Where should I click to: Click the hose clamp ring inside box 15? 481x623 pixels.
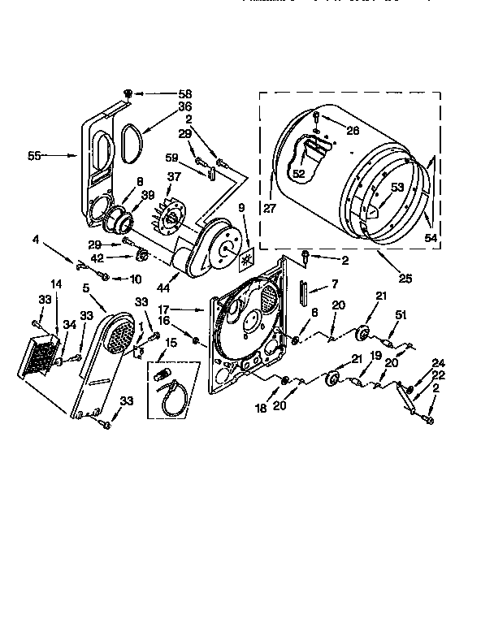(172, 399)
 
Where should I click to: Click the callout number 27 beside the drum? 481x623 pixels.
(270, 208)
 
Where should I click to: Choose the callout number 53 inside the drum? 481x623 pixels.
(396, 188)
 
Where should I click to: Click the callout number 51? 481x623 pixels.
(399, 316)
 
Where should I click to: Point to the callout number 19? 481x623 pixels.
(375, 354)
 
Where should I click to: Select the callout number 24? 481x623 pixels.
(438, 362)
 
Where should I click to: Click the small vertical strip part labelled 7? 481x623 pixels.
(301, 289)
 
